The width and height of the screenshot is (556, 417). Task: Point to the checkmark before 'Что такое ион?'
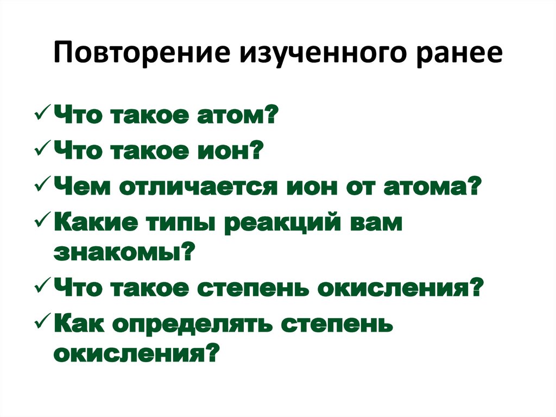click(x=42, y=150)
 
